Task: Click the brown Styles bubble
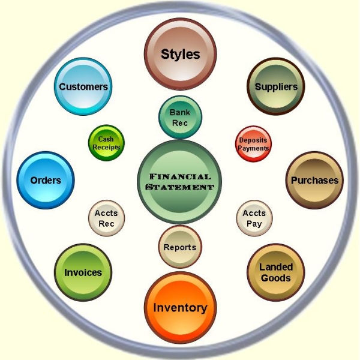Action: (x=180, y=54)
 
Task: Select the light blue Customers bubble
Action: (x=83, y=86)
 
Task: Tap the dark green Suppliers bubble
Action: (x=276, y=86)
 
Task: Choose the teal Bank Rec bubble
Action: (x=180, y=118)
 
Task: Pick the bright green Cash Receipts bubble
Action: (x=106, y=143)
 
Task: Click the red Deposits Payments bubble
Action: (x=253, y=144)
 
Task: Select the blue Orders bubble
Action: (x=46, y=180)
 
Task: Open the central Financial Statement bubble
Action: (x=179, y=182)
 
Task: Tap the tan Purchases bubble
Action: (x=314, y=180)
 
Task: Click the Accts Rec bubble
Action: (x=107, y=218)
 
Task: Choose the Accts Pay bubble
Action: (x=254, y=218)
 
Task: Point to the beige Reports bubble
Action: (x=180, y=247)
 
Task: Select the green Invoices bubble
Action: (x=83, y=272)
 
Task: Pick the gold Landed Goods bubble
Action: (x=276, y=272)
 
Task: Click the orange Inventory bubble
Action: (x=180, y=308)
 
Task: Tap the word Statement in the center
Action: (x=180, y=187)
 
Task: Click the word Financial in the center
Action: (x=180, y=176)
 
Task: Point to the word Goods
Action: (x=276, y=278)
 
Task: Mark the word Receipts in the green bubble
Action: (x=106, y=147)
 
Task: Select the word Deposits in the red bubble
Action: (x=253, y=140)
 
